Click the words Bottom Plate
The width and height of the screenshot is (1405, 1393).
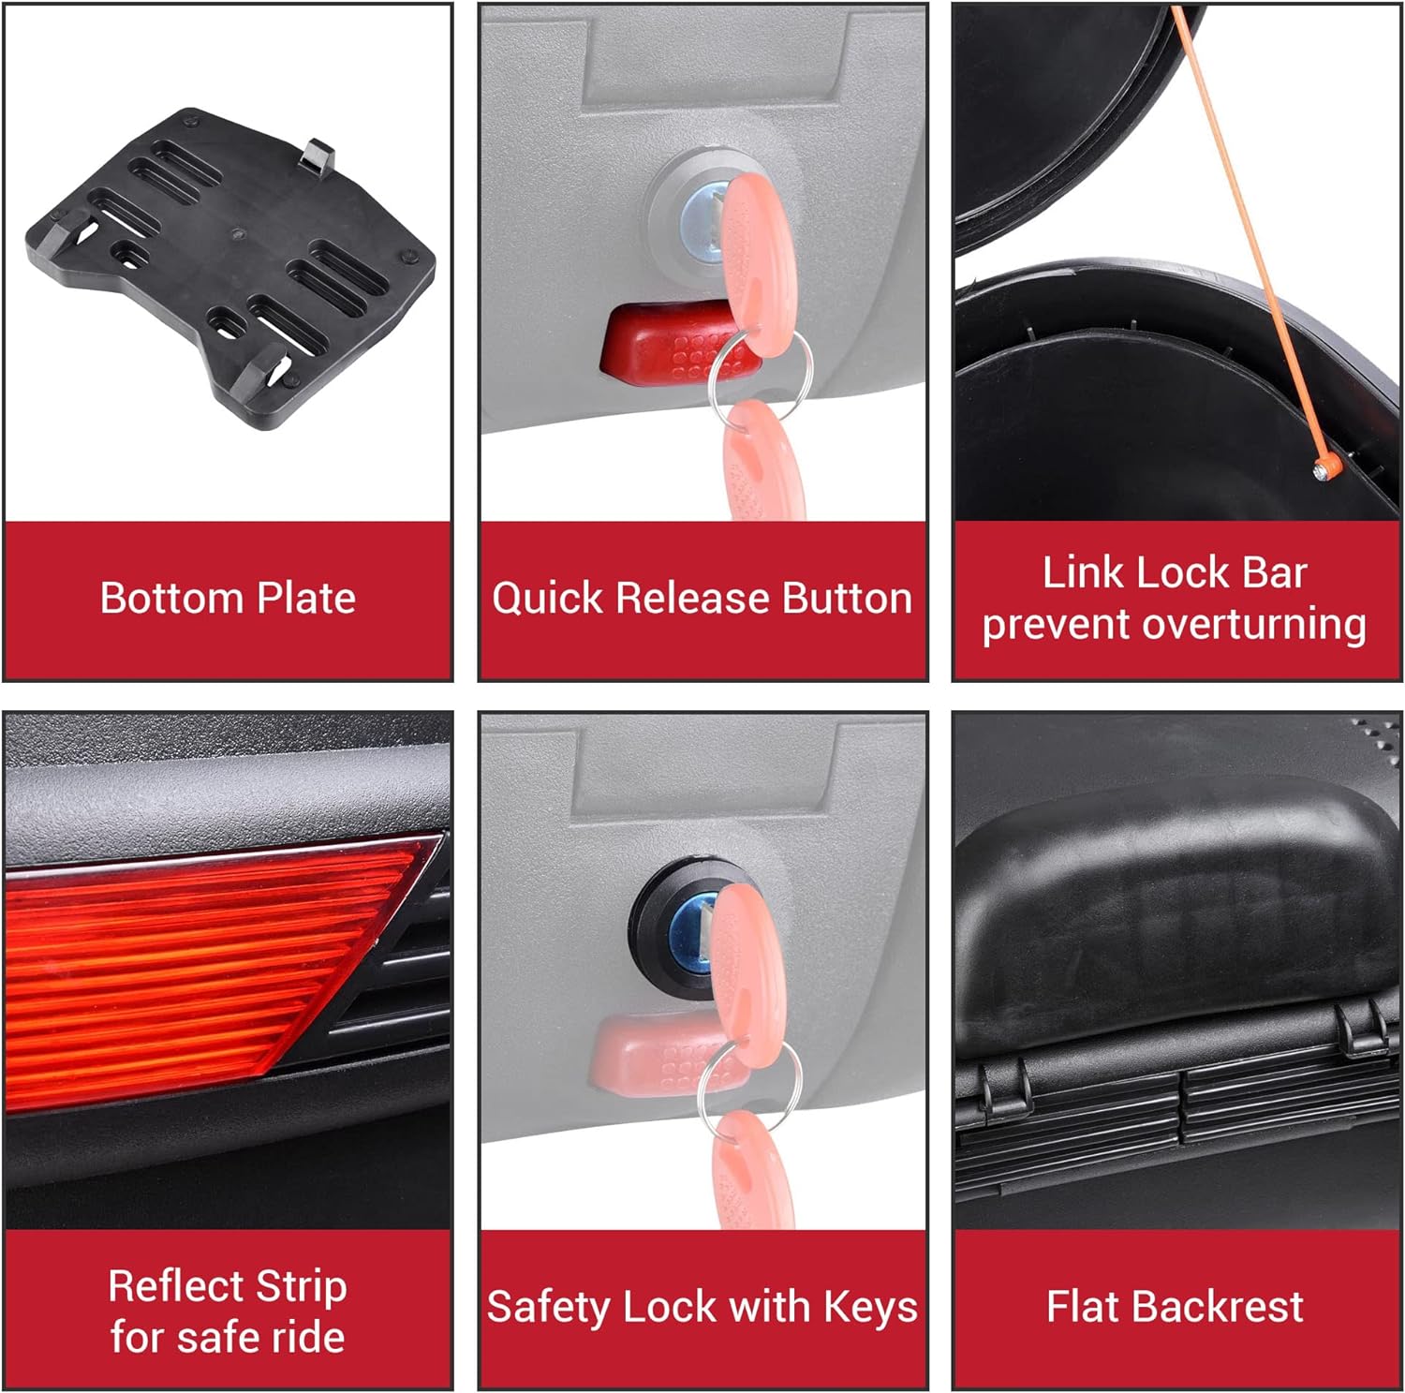click(228, 598)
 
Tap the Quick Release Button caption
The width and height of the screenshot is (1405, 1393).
click(702, 598)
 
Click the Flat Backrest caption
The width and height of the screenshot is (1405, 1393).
click(1175, 1306)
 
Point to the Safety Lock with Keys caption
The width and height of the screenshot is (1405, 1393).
click(702, 1307)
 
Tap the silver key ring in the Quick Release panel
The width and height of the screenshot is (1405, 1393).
click(746, 381)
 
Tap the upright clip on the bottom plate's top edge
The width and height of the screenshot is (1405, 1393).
click(318, 155)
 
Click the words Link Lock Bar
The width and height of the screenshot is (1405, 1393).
click(1175, 572)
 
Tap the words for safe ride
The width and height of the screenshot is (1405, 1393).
click(228, 1337)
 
